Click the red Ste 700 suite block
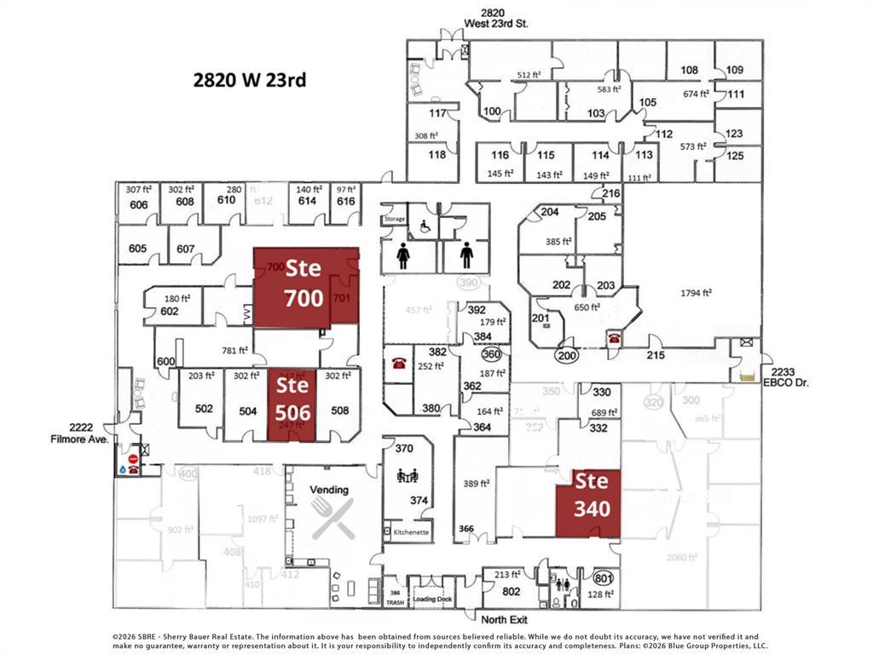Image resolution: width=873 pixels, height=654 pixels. pyautogui.click(x=303, y=283)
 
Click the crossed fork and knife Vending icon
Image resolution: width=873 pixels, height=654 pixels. pyautogui.click(x=332, y=518)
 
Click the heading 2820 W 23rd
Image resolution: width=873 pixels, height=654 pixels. pyautogui.click(x=249, y=81)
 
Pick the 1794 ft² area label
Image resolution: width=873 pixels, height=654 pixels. pyautogui.click(x=696, y=293)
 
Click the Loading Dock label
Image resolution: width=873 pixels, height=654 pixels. pyautogui.click(x=433, y=599)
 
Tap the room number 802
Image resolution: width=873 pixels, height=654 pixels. pyautogui.click(x=512, y=590)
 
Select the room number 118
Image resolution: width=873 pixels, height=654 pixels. pyautogui.click(x=437, y=155)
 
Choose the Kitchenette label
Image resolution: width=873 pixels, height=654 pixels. pyautogui.click(x=411, y=532)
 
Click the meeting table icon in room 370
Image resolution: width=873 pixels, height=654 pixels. pyautogui.click(x=406, y=476)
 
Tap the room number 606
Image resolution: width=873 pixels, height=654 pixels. pyautogui.click(x=138, y=205)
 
